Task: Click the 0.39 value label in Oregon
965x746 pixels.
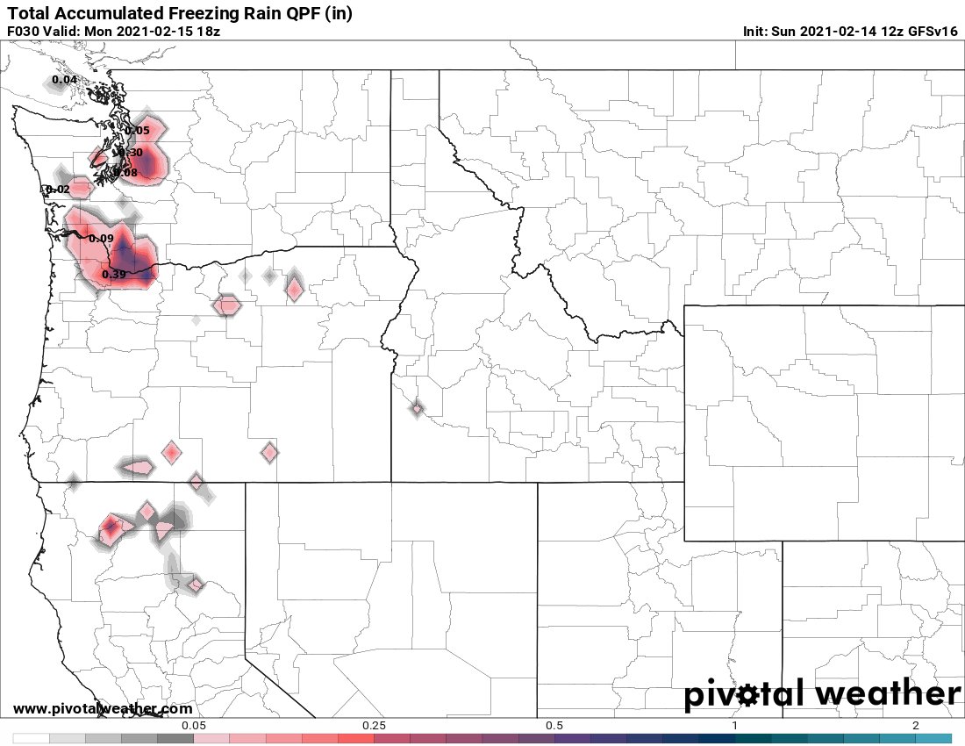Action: (114, 275)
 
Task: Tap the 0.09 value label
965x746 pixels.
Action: (101, 239)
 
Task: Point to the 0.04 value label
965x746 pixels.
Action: (65, 80)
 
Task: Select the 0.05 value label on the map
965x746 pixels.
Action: (138, 131)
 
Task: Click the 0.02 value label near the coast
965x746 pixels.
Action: (58, 190)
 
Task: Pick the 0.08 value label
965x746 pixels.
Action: (126, 173)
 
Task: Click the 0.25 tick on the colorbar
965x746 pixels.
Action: (375, 726)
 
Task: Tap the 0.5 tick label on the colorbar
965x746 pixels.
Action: (554, 726)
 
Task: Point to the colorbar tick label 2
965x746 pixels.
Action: (915, 726)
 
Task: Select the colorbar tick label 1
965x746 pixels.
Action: (734, 726)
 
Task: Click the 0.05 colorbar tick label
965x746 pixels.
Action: (194, 726)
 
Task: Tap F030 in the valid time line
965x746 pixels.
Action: (24, 32)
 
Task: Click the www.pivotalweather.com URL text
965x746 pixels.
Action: (103, 708)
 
